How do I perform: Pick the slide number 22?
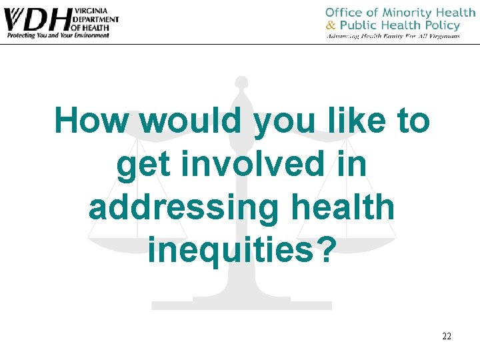coord(447,336)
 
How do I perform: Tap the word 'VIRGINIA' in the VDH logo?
coord(93,12)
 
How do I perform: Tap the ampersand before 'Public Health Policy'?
coord(331,25)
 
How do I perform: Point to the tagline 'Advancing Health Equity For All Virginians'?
coord(393,36)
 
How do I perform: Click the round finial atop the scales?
coord(241,83)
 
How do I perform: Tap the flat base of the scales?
coord(241,305)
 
